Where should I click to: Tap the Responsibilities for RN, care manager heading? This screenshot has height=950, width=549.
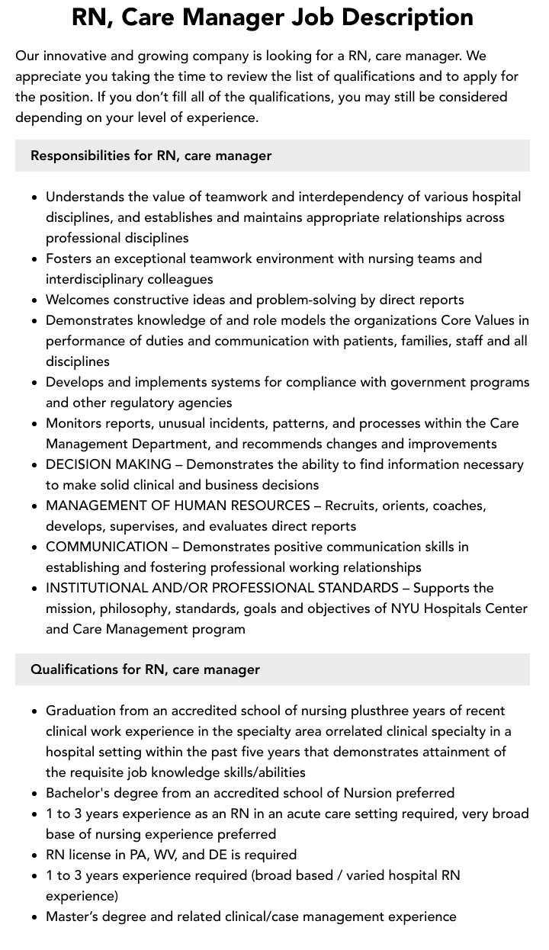point(151,156)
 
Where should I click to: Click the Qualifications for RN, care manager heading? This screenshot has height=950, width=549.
point(145,669)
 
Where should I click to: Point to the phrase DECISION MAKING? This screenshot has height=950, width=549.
point(108,464)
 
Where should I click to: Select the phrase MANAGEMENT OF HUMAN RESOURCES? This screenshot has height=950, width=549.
point(178,505)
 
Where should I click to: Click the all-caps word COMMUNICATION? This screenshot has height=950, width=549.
point(107,547)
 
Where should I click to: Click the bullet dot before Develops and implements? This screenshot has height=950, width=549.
point(35,383)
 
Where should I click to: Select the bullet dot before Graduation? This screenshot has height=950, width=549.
point(35,711)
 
